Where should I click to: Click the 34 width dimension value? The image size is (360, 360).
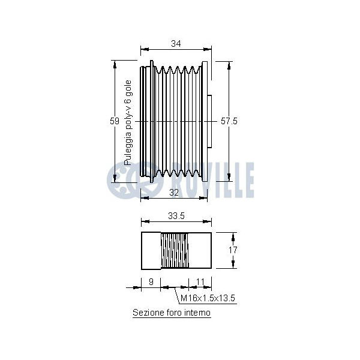point(176,43)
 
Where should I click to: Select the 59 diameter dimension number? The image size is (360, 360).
point(115,121)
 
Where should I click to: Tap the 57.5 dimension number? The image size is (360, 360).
point(229,121)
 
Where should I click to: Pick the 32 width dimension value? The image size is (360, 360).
point(174,193)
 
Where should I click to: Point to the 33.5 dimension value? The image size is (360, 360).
point(176,216)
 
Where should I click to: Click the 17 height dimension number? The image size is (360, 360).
point(233,250)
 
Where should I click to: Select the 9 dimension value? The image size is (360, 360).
point(151,281)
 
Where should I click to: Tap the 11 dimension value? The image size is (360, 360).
point(200,281)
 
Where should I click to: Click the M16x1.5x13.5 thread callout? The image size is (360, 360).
point(208,298)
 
